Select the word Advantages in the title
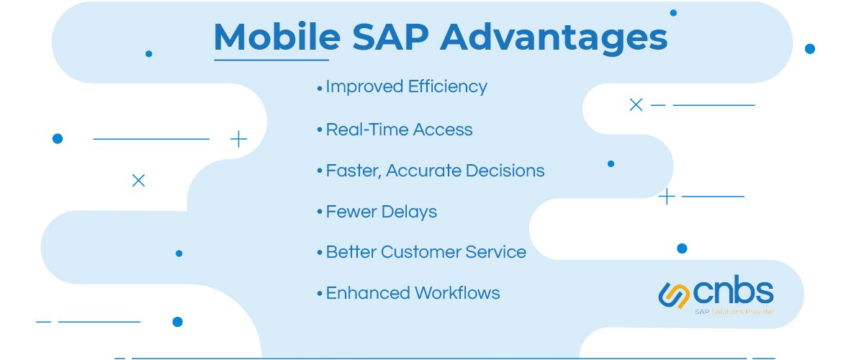[x=553, y=37]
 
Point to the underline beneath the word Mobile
[x=271, y=59]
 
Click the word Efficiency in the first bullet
[x=447, y=87]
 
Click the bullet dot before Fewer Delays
[x=319, y=213]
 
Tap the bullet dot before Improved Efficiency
[x=319, y=88]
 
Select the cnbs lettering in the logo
[x=734, y=292]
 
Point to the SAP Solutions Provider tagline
[x=734, y=312]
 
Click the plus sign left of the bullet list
[x=238, y=139]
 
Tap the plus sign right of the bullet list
[x=667, y=196]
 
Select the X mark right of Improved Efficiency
[x=636, y=105]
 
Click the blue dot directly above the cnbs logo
[x=682, y=248]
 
